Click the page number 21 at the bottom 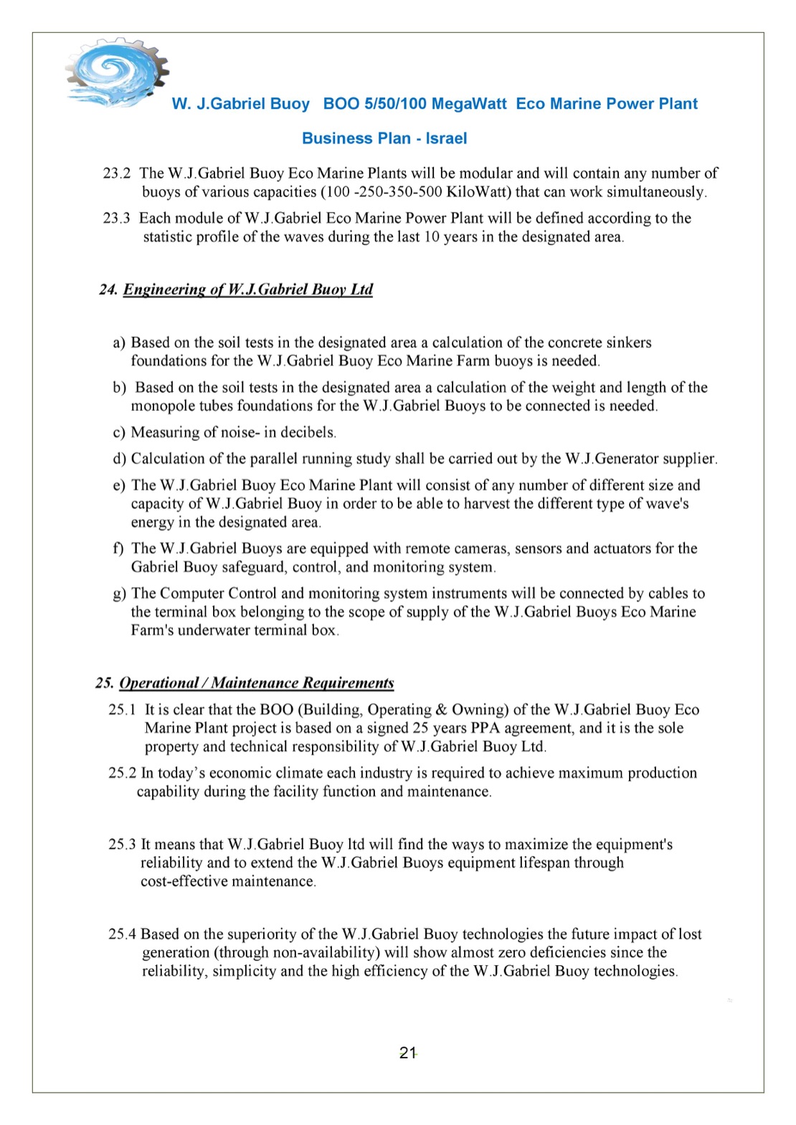click(408, 1053)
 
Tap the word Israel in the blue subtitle click(446, 138)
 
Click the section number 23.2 click(117, 174)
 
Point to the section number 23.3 click(117, 218)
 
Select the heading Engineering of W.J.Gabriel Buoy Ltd click(248, 290)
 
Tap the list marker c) click(119, 432)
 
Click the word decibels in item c click(310, 432)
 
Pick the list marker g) click(119, 594)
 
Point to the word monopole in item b click(160, 406)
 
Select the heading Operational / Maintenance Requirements click(257, 683)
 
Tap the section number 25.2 click(122, 773)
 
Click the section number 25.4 click(122, 934)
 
